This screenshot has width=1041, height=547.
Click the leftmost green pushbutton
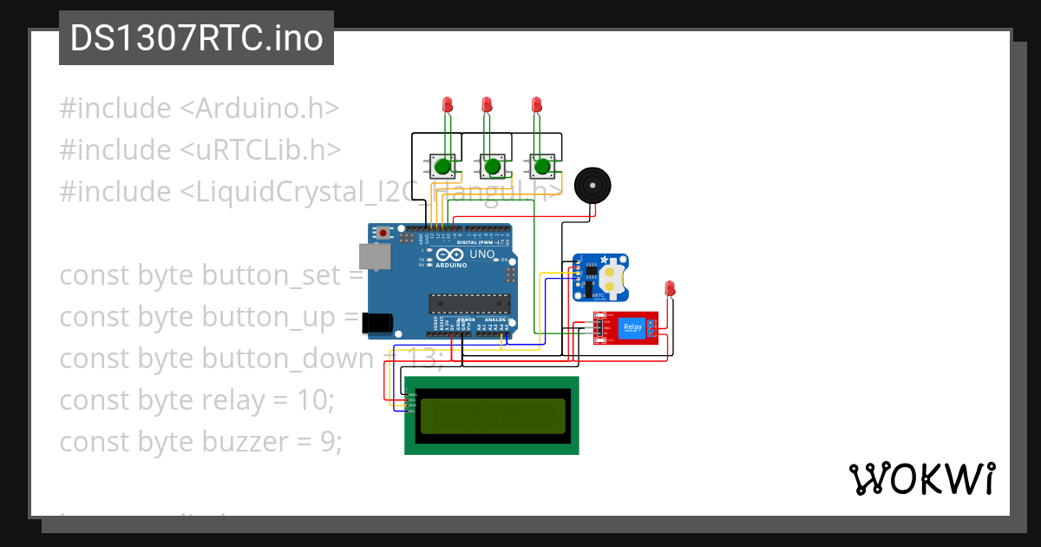[x=442, y=165]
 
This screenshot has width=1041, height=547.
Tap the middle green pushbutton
[x=493, y=165]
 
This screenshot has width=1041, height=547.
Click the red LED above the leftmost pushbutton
[x=448, y=104]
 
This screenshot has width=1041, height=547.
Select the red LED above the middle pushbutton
[x=487, y=104]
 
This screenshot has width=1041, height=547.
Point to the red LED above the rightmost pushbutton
[x=537, y=104]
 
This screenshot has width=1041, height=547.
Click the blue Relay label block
[x=631, y=327]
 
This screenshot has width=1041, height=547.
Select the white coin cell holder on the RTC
[x=612, y=277]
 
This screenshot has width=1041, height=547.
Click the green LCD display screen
[x=492, y=416]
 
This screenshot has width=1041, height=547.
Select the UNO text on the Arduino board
[x=481, y=254]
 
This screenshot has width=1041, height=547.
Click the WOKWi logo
[x=921, y=478]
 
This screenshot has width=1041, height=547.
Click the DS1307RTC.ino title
[x=196, y=38]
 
